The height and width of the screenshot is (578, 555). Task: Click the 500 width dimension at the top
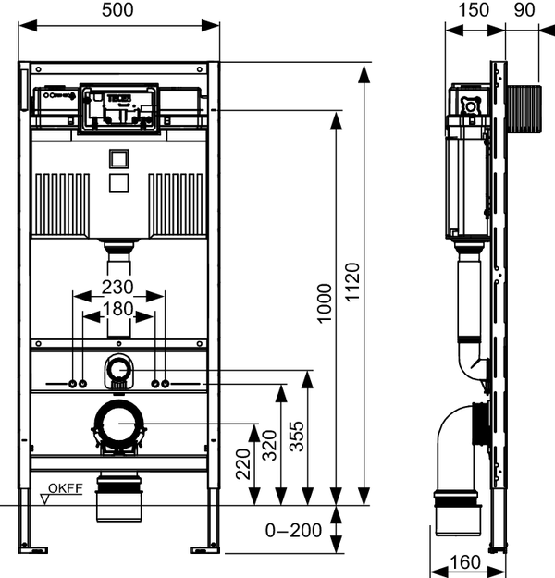tap(118, 10)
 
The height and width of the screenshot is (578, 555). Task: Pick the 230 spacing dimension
tap(118, 286)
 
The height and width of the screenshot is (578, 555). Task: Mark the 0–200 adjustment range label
tap(293, 531)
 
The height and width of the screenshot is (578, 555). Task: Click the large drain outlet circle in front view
tap(118, 424)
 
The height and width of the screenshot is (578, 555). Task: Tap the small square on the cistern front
tap(118, 159)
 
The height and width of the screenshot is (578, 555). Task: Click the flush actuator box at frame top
tap(118, 108)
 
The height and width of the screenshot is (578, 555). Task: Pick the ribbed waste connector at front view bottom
tap(118, 495)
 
